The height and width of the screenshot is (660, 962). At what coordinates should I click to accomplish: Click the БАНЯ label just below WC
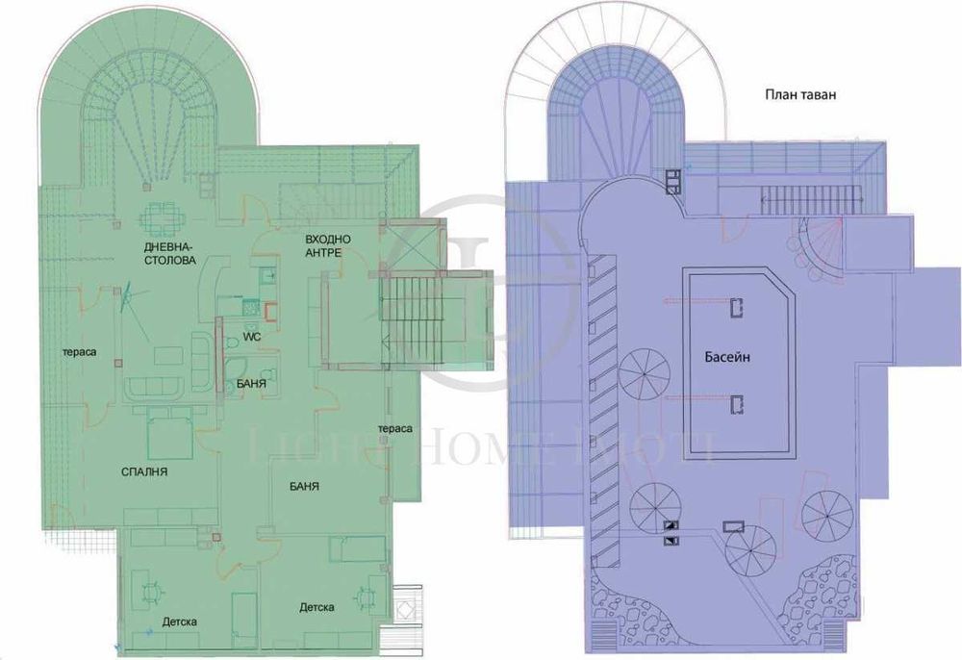click(251, 384)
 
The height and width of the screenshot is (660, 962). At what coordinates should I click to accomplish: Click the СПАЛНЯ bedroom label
click(145, 472)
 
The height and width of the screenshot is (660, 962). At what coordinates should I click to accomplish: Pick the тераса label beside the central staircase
click(395, 427)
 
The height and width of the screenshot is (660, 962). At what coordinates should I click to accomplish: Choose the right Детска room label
click(316, 607)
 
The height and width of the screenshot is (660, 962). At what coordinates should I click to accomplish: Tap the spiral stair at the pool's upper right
click(818, 244)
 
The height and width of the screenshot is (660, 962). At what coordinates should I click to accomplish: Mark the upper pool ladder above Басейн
click(736, 307)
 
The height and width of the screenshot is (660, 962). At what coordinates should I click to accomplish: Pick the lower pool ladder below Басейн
click(736, 404)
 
